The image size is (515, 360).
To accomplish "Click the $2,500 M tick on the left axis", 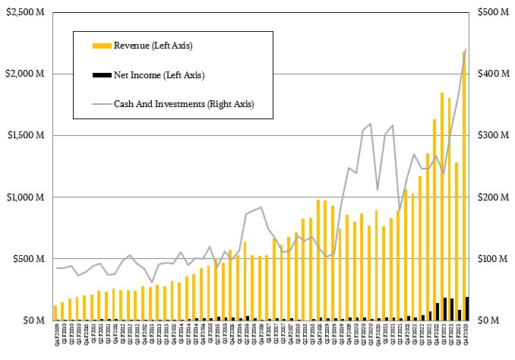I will (25, 12).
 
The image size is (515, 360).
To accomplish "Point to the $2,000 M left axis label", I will (25, 74).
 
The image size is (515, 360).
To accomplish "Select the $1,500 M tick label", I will (25, 135).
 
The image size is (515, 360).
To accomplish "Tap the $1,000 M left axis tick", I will (25, 197).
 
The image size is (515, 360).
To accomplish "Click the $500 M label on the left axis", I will (28, 259).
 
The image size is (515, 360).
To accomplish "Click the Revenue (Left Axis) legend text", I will (153, 46).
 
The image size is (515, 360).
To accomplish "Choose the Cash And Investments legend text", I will (183, 103).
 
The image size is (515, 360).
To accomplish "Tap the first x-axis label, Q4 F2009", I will (55, 333).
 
